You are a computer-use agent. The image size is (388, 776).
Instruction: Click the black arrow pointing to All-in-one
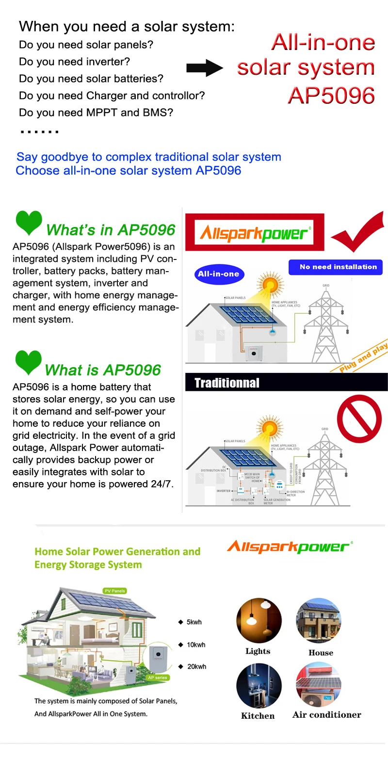pyautogui.click(x=205, y=68)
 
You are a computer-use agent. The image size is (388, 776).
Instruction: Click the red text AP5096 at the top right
pyautogui.click(x=331, y=96)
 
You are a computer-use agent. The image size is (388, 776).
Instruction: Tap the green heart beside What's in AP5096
pyautogui.click(x=29, y=222)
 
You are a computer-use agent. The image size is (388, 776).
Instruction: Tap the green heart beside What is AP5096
pyautogui.click(x=29, y=362)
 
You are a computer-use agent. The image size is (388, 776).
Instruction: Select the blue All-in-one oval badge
pyautogui.click(x=219, y=274)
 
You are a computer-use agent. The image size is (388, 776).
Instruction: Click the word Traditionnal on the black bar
pyautogui.click(x=227, y=383)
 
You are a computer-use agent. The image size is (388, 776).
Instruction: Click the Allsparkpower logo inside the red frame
pyautogui.click(x=254, y=233)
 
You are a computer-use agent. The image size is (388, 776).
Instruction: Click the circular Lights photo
pyautogui.click(x=259, y=620)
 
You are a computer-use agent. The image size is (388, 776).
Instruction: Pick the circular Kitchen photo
pyautogui.click(x=259, y=686)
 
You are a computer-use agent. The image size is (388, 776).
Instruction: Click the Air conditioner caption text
pyautogui.click(x=327, y=715)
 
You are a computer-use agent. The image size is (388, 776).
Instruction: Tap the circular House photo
pyautogui.click(x=319, y=620)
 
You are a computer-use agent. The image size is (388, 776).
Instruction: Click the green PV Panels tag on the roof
pyautogui.click(x=115, y=591)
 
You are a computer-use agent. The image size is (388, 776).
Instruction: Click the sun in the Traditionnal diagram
pyautogui.click(x=270, y=427)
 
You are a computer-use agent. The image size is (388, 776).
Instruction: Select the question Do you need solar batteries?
pyautogui.click(x=91, y=79)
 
